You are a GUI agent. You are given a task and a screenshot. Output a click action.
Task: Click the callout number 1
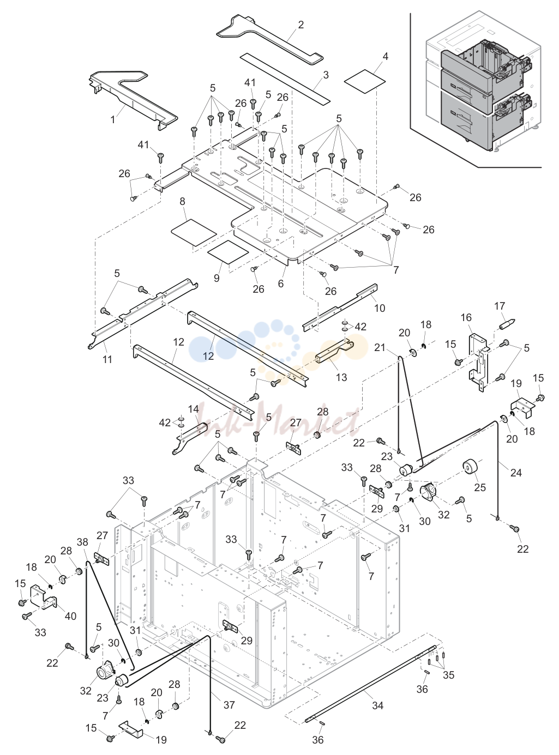coord(112,119)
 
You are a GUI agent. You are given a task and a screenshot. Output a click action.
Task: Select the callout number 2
coord(301,25)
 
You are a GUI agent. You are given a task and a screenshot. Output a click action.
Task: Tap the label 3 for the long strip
coord(326,75)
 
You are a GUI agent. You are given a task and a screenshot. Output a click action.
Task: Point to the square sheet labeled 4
coord(364,81)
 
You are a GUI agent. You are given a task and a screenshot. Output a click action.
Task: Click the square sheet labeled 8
coord(194,232)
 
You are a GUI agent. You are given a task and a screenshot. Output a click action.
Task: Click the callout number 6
coord(281,283)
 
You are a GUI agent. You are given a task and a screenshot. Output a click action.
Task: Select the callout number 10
coord(380,308)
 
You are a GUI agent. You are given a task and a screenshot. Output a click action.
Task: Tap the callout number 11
coord(107,359)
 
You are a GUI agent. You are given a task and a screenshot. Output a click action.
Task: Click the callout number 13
coord(341,377)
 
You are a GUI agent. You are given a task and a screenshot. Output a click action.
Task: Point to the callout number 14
coord(193,408)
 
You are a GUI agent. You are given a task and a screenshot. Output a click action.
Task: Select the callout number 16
coord(466,318)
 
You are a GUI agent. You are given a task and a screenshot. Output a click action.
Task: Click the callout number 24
coord(516,473)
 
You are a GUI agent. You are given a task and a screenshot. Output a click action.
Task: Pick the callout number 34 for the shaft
coord(378,705)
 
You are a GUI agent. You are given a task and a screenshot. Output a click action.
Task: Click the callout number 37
coord(229,705)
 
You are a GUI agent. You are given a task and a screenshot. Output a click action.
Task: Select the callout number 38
coord(82,542)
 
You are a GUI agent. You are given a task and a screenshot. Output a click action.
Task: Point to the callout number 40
coord(70,616)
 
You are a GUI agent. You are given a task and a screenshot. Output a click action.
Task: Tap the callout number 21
coord(380,348)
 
